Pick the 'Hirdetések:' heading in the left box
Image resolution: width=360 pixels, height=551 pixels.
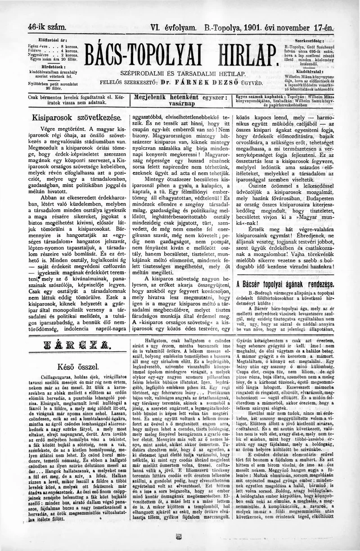pos(53,65)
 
